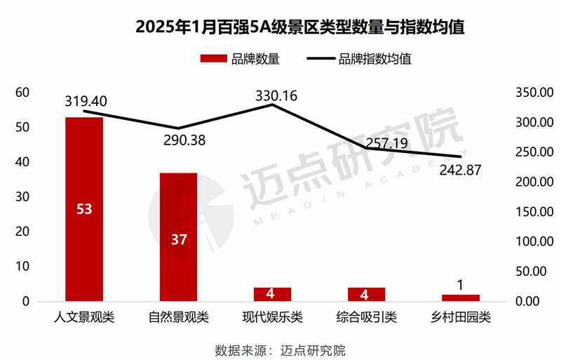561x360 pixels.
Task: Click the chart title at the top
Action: (x=280, y=27)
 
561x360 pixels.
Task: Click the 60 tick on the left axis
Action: (x=22, y=93)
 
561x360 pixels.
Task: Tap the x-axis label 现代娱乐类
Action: (x=273, y=318)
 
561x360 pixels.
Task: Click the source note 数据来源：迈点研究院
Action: (x=280, y=349)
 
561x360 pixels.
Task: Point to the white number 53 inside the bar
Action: (x=84, y=208)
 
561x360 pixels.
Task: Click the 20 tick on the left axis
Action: (x=22, y=232)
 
